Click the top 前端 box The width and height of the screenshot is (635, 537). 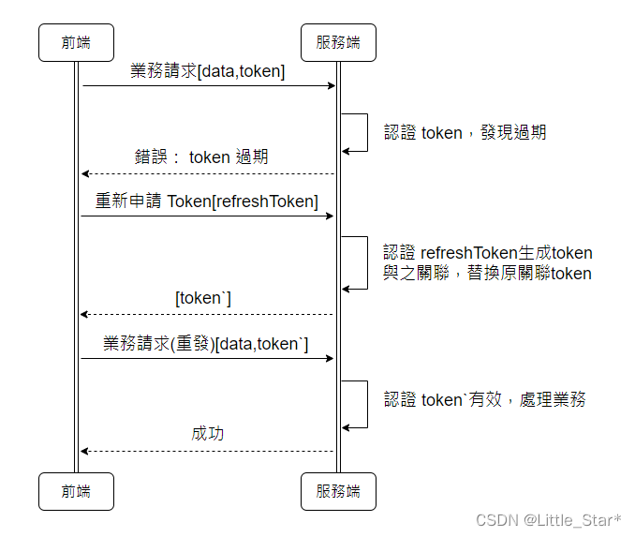(76, 42)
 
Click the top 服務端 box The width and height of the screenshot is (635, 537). (338, 42)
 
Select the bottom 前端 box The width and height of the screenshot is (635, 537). (76, 491)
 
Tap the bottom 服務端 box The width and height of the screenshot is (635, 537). (338, 491)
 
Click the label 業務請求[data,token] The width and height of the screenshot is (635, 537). (208, 71)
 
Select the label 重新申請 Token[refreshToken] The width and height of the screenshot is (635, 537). (207, 201)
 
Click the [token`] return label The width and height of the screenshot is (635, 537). (203, 298)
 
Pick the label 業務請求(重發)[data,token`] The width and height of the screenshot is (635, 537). (206, 344)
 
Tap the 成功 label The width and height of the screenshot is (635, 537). (208, 434)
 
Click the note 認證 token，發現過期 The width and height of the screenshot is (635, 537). (465, 133)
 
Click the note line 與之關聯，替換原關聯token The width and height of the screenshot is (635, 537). (487, 274)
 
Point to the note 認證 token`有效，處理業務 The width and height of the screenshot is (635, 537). (485, 400)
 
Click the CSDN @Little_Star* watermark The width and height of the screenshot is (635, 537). (549, 519)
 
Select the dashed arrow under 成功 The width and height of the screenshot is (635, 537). (207, 451)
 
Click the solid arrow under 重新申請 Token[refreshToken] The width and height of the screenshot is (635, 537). (207, 216)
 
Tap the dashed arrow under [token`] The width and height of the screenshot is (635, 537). (207, 314)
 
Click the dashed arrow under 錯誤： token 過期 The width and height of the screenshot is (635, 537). (207, 173)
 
